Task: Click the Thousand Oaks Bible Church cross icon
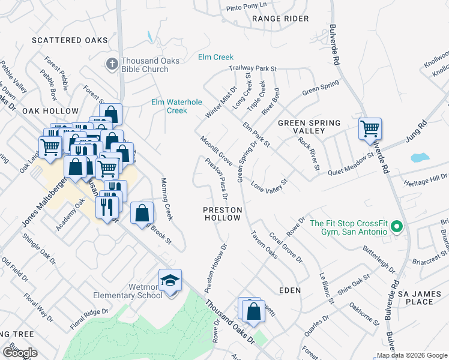112,64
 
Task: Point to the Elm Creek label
215,58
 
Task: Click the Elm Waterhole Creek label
176,106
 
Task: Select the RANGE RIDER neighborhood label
280,19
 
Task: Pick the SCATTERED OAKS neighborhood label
64,40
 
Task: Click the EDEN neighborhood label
289,290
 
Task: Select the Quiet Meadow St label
351,165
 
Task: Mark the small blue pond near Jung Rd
419,158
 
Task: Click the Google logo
19,353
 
